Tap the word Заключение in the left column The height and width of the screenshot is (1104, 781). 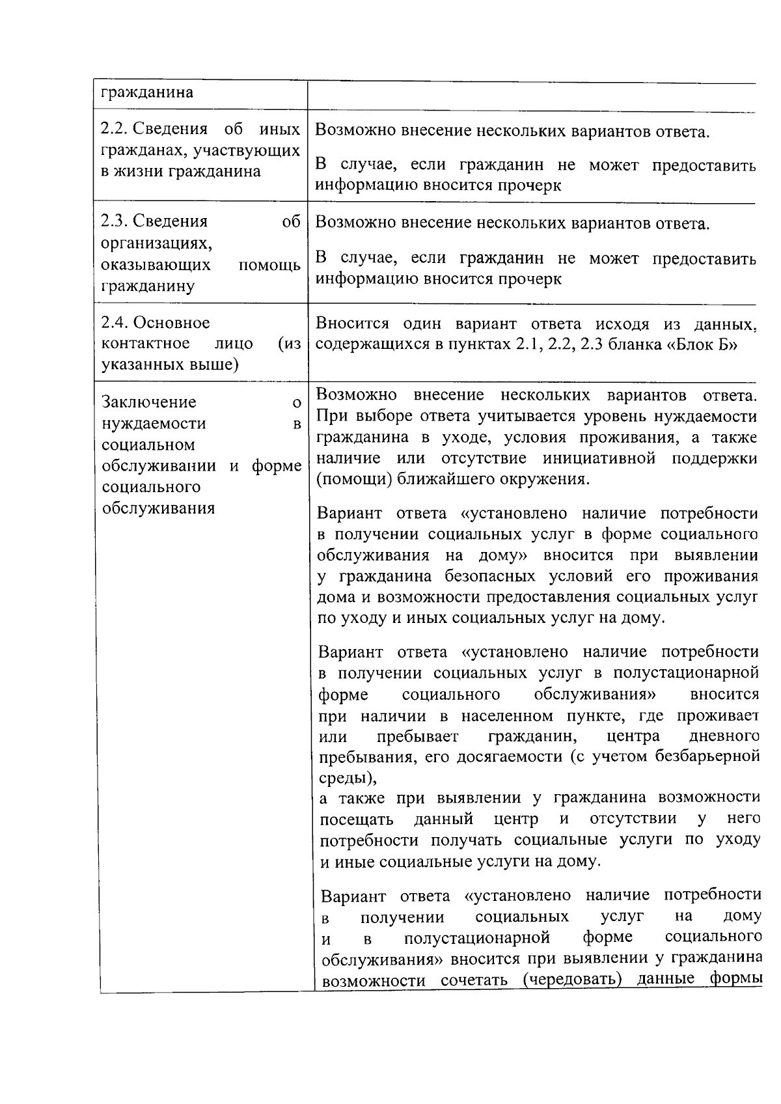[149, 402]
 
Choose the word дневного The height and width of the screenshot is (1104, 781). [724, 737]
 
